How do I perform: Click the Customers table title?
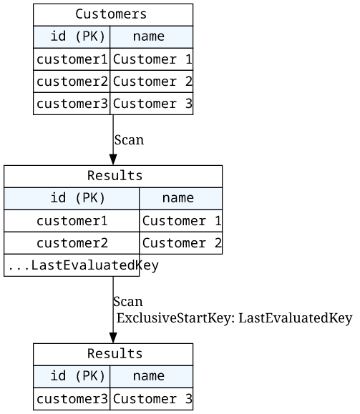(x=113, y=15)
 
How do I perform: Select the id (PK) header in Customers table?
(x=72, y=37)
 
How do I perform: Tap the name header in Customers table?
(x=152, y=37)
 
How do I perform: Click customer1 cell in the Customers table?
(x=72, y=59)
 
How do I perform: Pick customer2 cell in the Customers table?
(x=72, y=82)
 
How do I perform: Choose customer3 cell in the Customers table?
(x=72, y=104)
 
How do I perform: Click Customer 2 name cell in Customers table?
(x=152, y=82)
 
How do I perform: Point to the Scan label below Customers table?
(x=129, y=140)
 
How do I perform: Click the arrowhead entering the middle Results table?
(x=113, y=160)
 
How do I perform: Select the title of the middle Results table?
(x=113, y=177)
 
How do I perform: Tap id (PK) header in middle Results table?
(x=72, y=199)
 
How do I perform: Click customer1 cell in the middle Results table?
(x=72, y=221)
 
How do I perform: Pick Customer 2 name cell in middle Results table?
(x=181, y=243)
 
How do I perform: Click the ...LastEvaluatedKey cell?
(x=72, y=265)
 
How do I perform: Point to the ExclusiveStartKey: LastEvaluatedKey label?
(x=235, y=318)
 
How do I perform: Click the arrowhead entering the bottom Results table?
(x=113, y=338)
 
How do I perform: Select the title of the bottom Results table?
(x=113, y=355)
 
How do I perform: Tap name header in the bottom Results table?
(x=152, y=377)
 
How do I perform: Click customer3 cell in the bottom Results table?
(x=72, y=399)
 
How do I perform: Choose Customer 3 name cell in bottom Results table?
(x=152, y=399)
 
